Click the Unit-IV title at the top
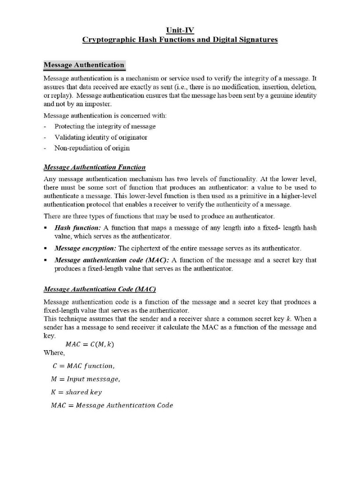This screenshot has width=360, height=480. (180, 30)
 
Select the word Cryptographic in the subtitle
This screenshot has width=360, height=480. (105, 40)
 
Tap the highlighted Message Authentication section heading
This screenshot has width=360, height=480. (84, 65)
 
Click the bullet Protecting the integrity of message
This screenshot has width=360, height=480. (105, 127)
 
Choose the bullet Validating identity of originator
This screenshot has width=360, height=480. (101, 137)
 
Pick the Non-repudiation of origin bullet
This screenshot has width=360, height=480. (92, 148)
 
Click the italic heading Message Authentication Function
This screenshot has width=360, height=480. (94, 167)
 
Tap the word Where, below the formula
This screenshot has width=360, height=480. (54, 353)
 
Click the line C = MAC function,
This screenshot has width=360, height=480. (82, 366)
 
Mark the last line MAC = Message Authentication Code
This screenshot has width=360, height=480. (112, 405)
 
